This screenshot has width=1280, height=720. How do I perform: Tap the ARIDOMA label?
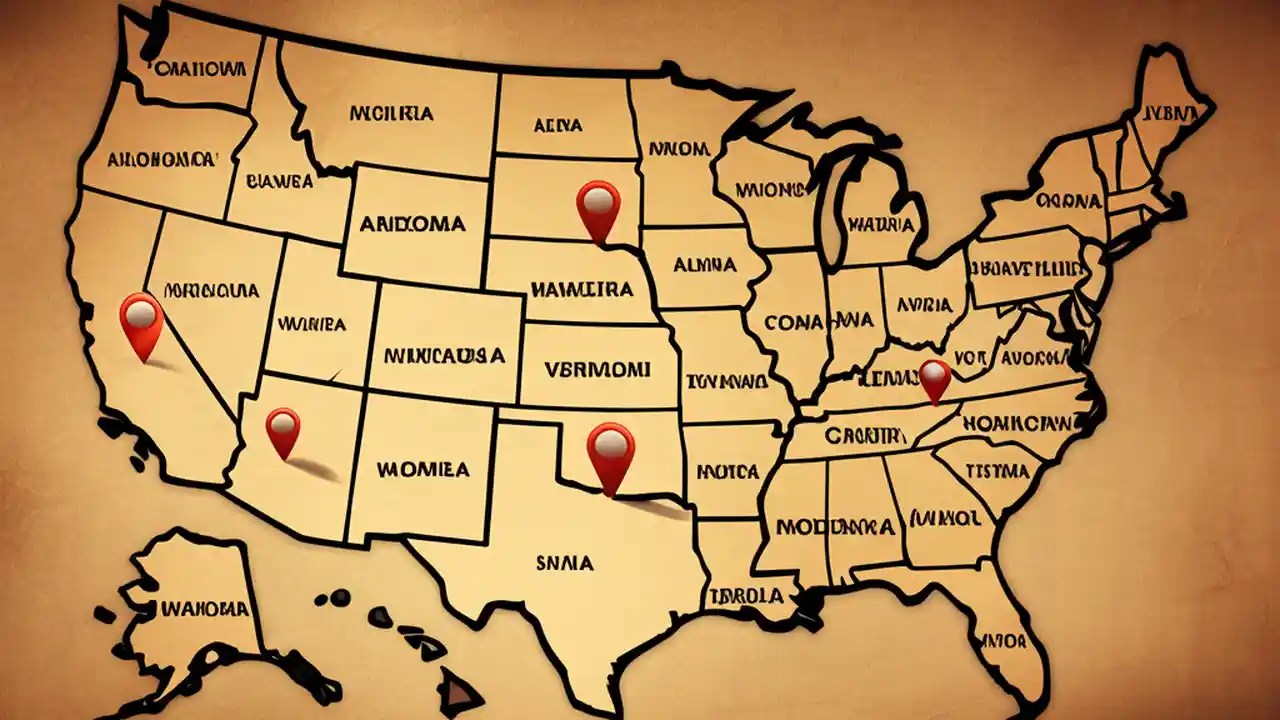(x=413, y=225)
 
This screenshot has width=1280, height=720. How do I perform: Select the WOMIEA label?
(x=424, y=468)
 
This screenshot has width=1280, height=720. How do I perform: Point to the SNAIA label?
(x=564, y=564)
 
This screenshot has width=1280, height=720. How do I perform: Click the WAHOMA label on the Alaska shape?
(x=204, y=607)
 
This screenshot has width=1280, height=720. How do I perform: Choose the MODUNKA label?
(x=821, y=525)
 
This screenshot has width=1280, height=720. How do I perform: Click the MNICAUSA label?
(x=444, y=355)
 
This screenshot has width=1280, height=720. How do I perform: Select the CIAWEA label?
(x=279, y=182)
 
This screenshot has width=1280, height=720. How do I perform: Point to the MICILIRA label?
(x=392, y=113)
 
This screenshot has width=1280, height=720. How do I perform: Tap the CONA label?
(x=792, y=322)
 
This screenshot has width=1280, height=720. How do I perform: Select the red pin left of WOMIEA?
(x=283, y=432)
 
